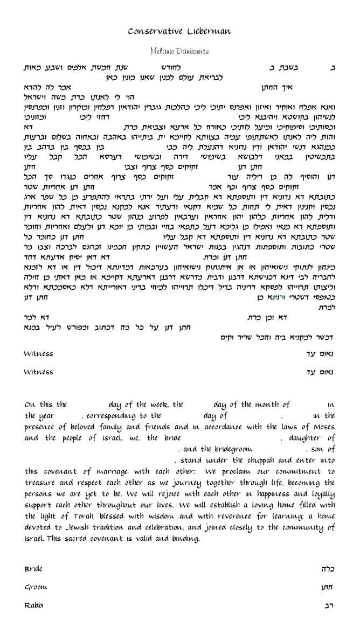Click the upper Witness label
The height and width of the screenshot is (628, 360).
pyautogui.click(x=38, y=354)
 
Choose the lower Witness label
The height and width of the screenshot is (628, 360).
pyautogui.click(x=38, y=372)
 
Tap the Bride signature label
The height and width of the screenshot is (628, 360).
pyautogui.click(x=33, y=569)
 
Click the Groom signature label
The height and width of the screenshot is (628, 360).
pyautogui.click(x=36, y=587)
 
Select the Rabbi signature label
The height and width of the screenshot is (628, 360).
pyautogui.click(x=34, y=605)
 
